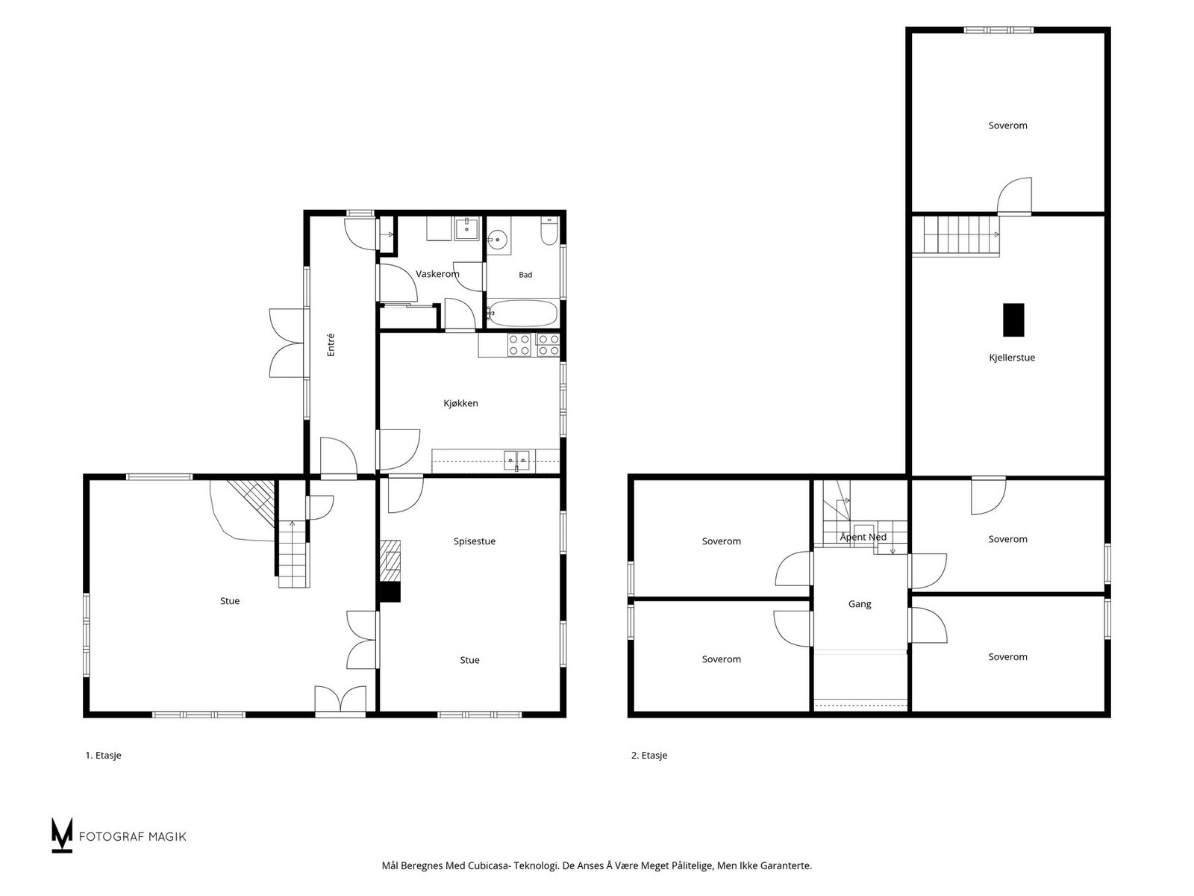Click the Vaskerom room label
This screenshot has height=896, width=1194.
[437, 274]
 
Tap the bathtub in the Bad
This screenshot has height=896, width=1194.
[523, 314]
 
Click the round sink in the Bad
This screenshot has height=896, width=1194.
[497, 240]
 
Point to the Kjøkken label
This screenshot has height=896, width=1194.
[460, 403]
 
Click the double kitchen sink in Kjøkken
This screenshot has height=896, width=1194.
[516, 460]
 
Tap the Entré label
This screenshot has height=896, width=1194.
[331, 345]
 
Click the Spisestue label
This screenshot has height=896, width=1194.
[475, 541]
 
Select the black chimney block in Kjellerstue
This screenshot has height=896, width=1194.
[1013, 320]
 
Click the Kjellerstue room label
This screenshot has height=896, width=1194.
[1012, 358]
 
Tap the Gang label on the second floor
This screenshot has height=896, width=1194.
[860, 604]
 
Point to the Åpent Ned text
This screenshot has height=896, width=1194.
[863, 537]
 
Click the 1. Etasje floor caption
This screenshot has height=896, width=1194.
[103, 755]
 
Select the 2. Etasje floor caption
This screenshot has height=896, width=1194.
[649, 755]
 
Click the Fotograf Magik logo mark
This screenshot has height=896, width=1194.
[61, 835]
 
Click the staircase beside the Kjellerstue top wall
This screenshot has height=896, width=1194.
[956, 235]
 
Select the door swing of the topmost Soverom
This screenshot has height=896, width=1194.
[1014, 196]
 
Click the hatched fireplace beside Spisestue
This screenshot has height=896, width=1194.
[390, 561]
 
